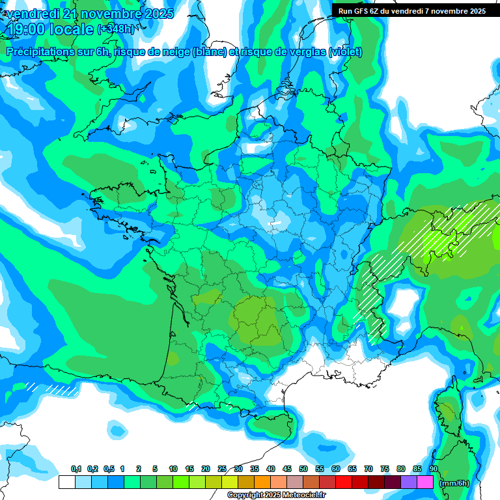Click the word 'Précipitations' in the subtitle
pos(39,52)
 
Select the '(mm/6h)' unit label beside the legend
pos(454,483)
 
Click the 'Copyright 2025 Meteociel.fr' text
pos(277,495)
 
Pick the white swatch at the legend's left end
pos(66,482)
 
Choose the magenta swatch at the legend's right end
pos(425,482)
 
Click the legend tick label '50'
pos(303,469)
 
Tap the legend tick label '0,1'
pos(76,469)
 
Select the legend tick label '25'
pos(222,469)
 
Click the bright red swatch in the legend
pos(344,482)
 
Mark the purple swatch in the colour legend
pos(409,482)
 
